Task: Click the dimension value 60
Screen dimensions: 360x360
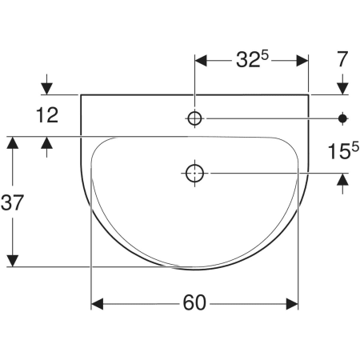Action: pos(194,302)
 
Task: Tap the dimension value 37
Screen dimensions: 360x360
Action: pos(12,202)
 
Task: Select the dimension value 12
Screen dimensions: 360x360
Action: pos(47,115)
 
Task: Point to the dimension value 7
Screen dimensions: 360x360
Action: pos(342,59)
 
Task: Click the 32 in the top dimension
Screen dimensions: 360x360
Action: pos(248,60)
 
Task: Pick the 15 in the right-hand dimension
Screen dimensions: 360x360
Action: pos(339,151)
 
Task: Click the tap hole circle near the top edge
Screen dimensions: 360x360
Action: pos(194,118)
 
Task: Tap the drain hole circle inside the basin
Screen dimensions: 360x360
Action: pos(194,174)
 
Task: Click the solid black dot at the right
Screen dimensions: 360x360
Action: pos(342,118)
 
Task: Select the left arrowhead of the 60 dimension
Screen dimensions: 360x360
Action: pos(97,304)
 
